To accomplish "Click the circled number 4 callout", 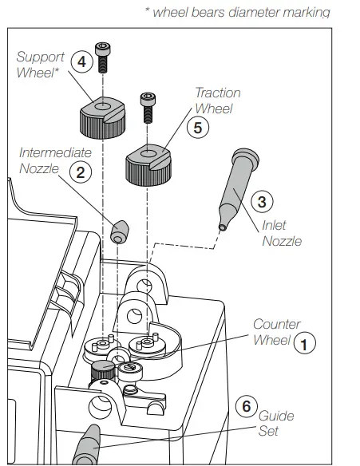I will click(x=81, y=61).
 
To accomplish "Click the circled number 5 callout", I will click(x=198, y=125).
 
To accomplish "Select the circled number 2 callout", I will click(x=80, y=169).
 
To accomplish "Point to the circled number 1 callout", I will click(x=304, y=342).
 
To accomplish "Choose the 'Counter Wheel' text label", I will click(x=275, y=332).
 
